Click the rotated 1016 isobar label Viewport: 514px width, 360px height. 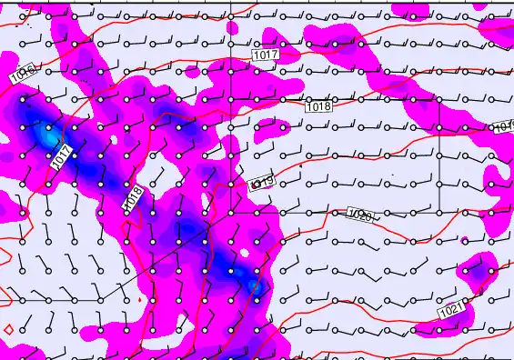25,74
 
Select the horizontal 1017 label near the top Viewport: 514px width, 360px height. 265,55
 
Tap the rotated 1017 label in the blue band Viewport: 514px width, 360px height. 62,156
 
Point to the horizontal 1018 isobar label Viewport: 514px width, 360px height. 317,106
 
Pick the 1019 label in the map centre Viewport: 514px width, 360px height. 261,184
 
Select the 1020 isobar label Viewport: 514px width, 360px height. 360,215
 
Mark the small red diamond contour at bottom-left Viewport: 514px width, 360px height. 7,328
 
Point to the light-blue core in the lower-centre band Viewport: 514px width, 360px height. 256,285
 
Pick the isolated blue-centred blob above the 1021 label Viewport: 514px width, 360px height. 474,272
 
